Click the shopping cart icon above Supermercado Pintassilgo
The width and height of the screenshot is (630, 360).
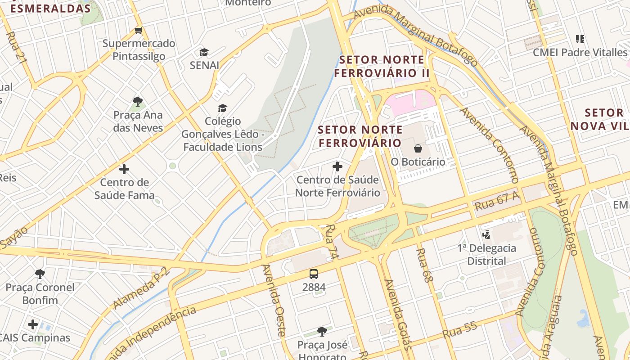point(138,31)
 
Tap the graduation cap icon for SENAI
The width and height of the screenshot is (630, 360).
point(204,52)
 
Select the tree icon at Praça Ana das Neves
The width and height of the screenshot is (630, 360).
point(138,102)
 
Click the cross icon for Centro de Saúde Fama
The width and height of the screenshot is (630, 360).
point(124,169)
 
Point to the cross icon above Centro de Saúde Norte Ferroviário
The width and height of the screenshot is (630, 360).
point(337,166)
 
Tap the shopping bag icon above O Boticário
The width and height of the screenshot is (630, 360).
point(418,148)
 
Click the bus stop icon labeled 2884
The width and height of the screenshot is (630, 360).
point(314,274)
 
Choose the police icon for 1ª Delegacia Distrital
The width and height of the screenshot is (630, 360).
point(486,234)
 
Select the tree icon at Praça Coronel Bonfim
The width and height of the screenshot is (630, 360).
point(40,274)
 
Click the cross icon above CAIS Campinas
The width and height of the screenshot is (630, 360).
point(33,324)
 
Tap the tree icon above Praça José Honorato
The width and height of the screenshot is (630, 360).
point(322,332)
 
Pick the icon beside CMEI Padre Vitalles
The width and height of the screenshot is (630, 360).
point(580,39)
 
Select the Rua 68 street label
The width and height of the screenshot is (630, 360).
point(424,265)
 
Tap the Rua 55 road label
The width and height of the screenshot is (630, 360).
point(459,331)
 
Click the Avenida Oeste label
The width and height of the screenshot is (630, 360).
point(274,300)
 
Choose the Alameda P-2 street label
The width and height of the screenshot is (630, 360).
point(140,288)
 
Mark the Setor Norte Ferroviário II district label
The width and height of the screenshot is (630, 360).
point(382,66)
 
